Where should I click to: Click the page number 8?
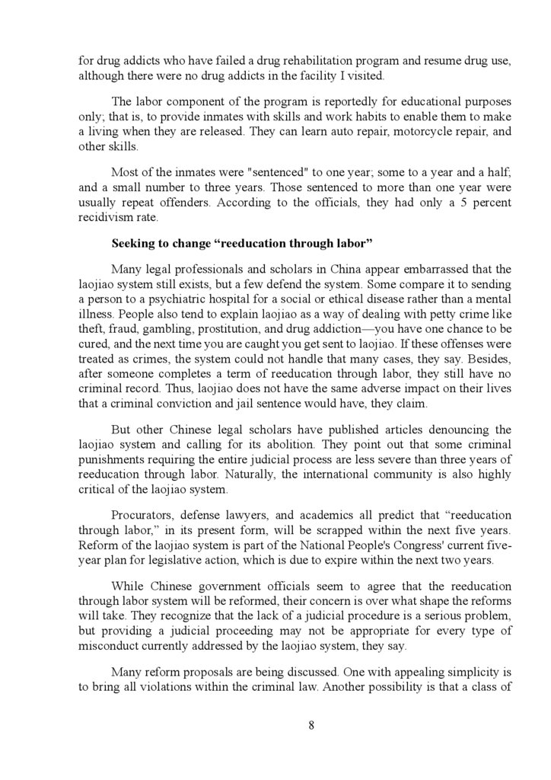[311, 724]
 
